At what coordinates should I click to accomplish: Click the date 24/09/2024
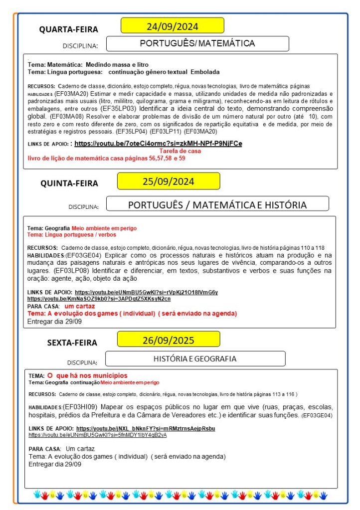[x=172, y=26]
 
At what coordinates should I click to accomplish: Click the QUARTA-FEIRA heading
[x=69, y=29]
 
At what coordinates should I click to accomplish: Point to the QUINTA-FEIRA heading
[x=69, y=183]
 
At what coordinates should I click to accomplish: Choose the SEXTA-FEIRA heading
[x=72, y=342]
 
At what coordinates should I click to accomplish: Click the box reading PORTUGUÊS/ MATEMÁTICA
[x=197, y=43]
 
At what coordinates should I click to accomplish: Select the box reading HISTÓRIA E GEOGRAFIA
[x=194, y=358]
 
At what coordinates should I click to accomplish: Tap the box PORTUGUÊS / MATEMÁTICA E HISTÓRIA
[x=217, y=204]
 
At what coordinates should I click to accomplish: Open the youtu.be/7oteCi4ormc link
[x=158, y=144]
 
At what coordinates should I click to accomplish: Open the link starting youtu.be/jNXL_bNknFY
[x=146, y=428]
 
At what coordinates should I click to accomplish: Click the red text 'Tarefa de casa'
[x=180, y=151]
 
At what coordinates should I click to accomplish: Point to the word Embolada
[x=205, y=72]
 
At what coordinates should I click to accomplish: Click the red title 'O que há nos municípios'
[x=87, y=375]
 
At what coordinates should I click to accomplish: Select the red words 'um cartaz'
[x=81, y=306]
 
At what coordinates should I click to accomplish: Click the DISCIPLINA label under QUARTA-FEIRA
[x=80, y=46]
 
